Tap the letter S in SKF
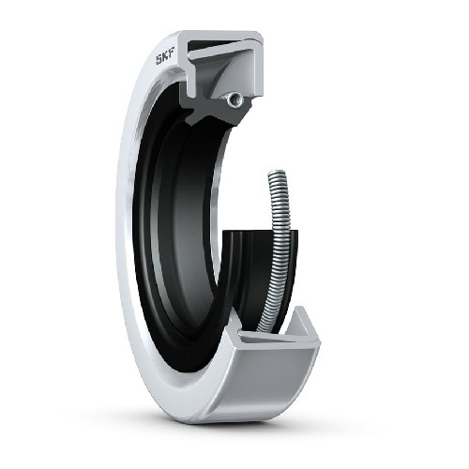159,59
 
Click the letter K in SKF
166,55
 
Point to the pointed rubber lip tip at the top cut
189,121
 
